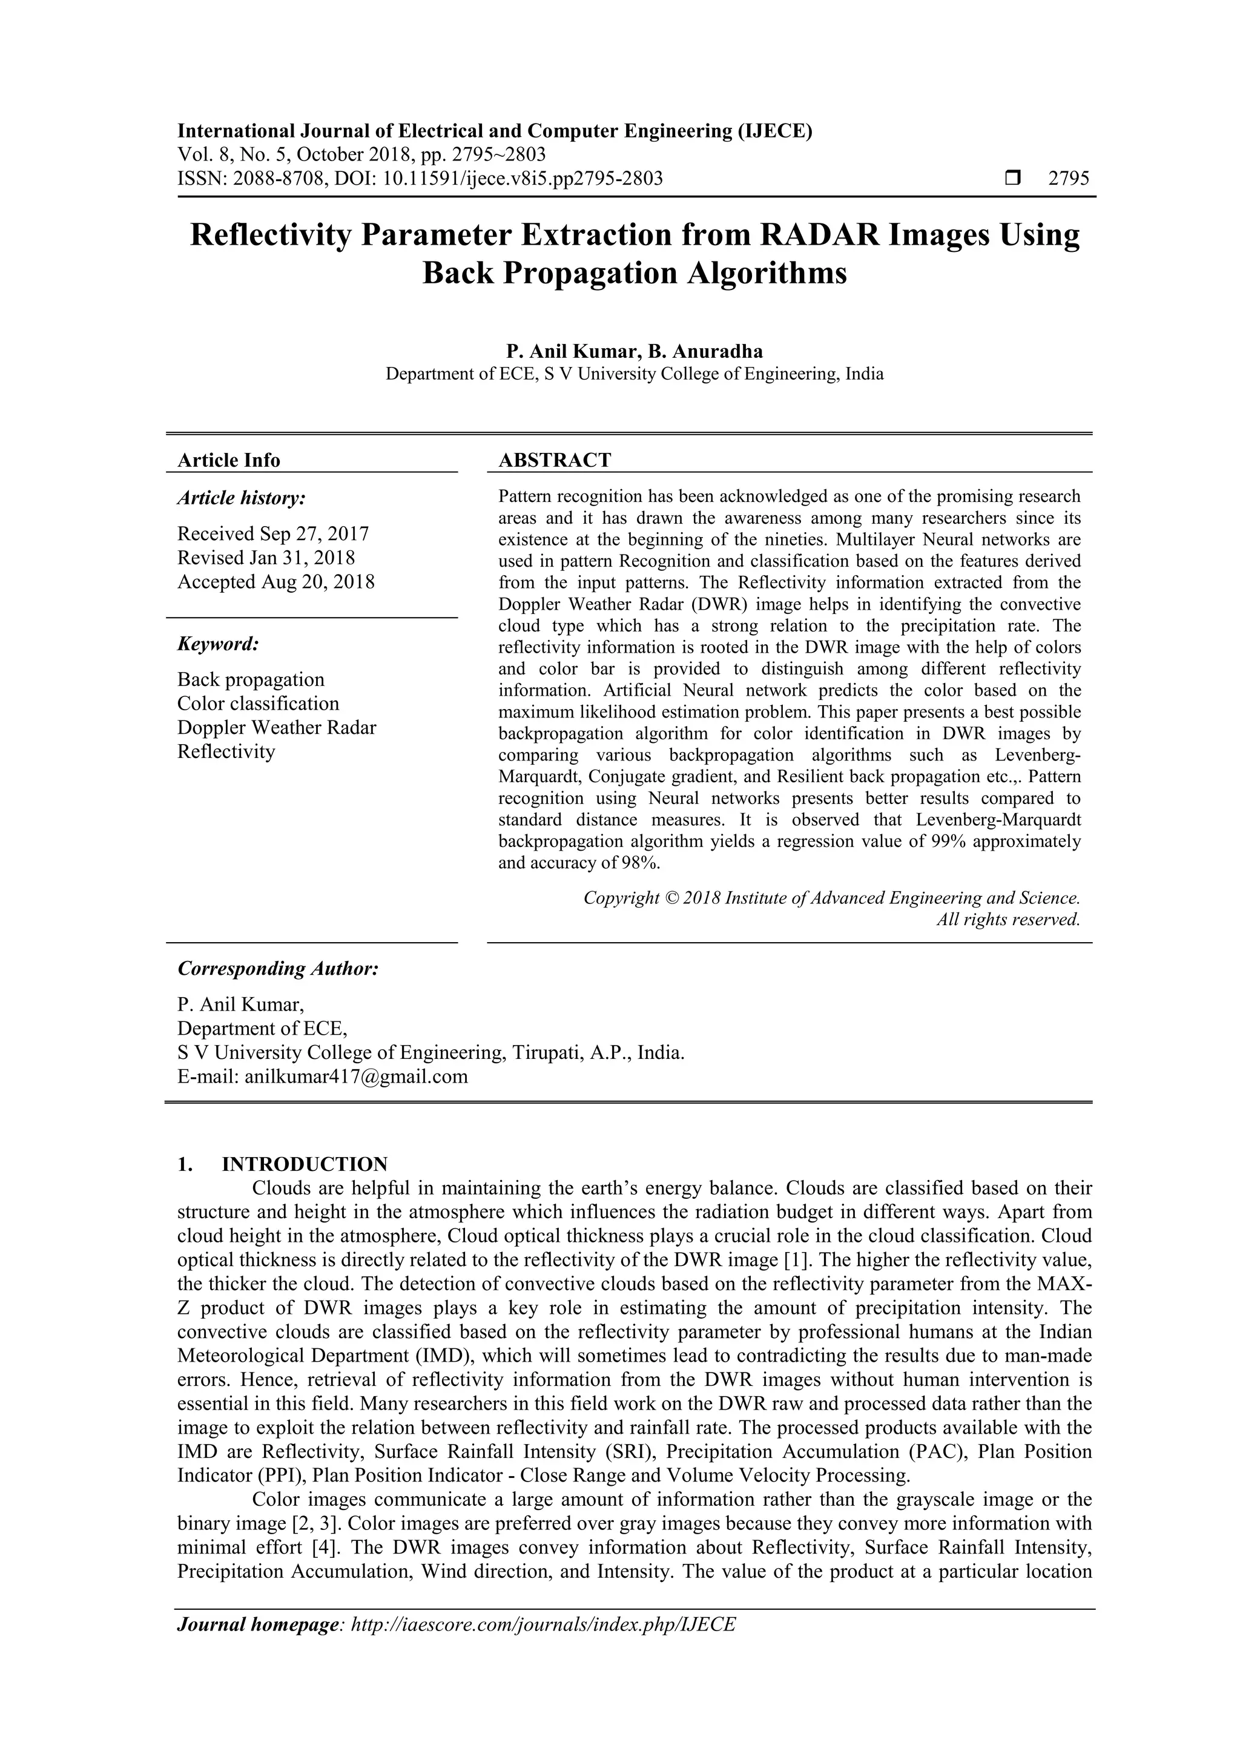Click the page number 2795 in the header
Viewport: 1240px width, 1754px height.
coord(1068,179)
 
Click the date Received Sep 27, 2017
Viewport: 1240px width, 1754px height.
coord(272,533)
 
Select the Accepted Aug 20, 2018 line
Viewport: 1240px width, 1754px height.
coord(276,581)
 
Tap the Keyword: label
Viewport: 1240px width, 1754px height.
coord(218,644)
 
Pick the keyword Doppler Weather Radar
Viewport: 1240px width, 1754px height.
coord(277,727)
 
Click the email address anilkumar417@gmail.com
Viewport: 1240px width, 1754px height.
coord(355,1076)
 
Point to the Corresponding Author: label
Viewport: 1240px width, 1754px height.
coord(278,969)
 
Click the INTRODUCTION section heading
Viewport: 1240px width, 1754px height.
coord(304,1164)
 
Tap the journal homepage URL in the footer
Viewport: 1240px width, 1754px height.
coord(542,1646)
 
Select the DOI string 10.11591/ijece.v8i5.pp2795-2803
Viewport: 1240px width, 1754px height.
coord(522,179)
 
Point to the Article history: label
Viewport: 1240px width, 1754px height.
coord(242,498)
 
